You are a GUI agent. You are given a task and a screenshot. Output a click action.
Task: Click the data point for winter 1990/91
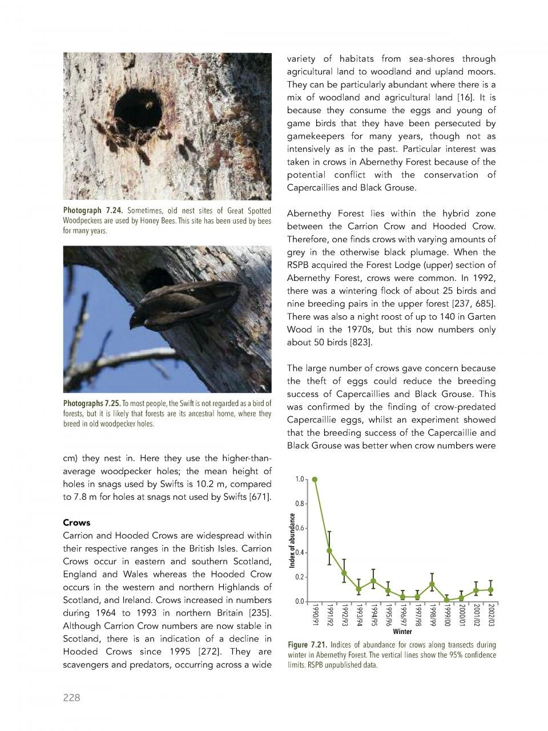(315, 480)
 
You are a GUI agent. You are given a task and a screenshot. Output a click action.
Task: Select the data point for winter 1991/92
(329, 551)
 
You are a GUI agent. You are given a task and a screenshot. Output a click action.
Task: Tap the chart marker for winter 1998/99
(432, 585)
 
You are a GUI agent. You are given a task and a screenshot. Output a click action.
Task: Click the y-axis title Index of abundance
(292, 540)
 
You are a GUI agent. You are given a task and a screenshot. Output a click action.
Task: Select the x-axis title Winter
(402, 632)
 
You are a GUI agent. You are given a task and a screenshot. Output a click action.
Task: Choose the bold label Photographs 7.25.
(91, 404)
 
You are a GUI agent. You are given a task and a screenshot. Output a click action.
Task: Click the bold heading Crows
(76, 523)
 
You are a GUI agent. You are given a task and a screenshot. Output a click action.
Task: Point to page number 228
(71, 697)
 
